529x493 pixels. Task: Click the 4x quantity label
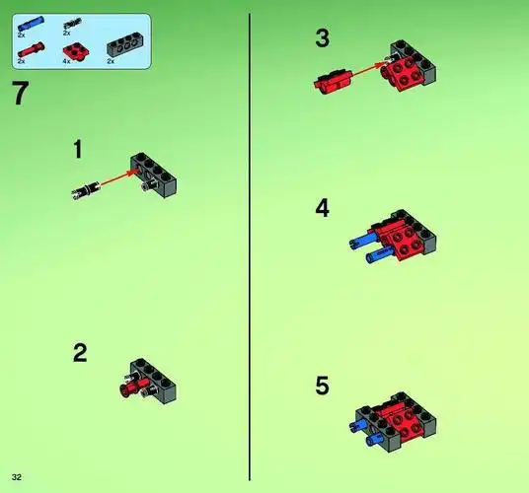click(67, 62)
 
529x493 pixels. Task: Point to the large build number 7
click(21, 96)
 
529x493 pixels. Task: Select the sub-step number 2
click(81, 353)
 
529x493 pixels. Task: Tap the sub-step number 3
click(323, 39)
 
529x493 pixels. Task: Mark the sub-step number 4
click(323, 209)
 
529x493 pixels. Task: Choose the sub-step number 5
click(323, 386)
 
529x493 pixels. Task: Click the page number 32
click(17, 476)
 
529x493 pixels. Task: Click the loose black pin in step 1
click(85, 188)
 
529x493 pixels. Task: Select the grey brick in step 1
click(158, 172)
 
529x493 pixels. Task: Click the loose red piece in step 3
click(335, 80)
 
